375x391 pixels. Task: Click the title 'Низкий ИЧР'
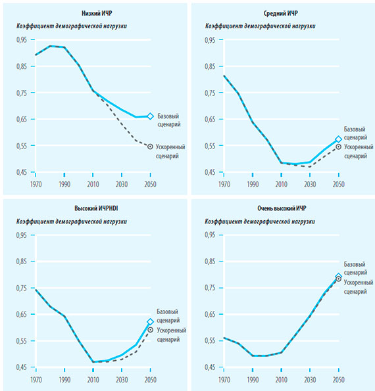[x=97, y=13]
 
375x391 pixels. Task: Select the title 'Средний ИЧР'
[x=281, y=13]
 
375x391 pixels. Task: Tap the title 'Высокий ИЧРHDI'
[x=96, y=208]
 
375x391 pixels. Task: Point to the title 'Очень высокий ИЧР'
[x=282, y=208]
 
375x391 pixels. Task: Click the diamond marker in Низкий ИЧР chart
[x=150, y=116]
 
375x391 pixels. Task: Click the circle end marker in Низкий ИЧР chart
[x=150, y=147]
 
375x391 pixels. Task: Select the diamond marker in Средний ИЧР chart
[x=339, y=139]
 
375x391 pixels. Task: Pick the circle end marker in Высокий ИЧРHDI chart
[x=150, y=330]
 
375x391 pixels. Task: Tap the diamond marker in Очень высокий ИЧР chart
[x=339, y=276]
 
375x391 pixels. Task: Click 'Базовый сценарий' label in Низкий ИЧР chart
[x=169, y=120]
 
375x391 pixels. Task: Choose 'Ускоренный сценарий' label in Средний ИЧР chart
[x=359, y=151]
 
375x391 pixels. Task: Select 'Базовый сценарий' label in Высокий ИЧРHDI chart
[x=168, y=316]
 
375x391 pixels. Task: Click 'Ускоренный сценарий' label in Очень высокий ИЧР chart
[x=359, y=287]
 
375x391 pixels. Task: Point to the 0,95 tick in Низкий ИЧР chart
[x=22, y=39]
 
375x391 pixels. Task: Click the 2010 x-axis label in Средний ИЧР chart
[x=282, y=184]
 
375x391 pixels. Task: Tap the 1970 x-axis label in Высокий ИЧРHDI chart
[x=36, y=380]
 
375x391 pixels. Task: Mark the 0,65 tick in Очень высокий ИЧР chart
[x=210, y=314]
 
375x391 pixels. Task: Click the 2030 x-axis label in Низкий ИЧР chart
[x=122, y=184]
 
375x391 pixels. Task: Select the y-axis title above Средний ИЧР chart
[x=260, y=26]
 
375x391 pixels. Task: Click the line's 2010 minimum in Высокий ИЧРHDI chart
[x=93, y=362]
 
